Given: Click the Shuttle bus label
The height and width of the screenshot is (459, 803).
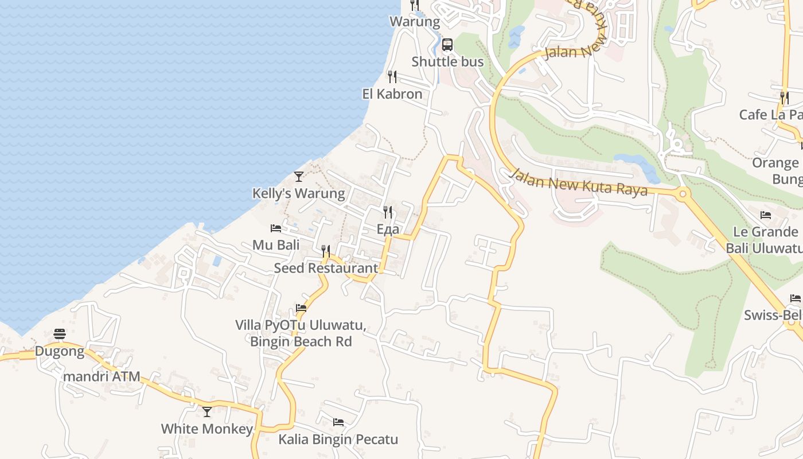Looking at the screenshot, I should point(447,61).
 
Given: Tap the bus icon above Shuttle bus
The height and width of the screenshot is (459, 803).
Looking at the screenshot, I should point(447,45).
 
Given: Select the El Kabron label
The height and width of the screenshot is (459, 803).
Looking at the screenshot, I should point(392,94).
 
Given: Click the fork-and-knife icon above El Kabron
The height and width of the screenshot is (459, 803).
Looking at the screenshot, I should point(392,77).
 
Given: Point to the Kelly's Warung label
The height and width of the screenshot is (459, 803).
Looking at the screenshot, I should point(299,193).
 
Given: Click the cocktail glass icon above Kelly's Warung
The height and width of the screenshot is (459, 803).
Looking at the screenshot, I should point(299,176).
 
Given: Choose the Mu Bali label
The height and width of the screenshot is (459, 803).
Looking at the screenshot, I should point(276,245).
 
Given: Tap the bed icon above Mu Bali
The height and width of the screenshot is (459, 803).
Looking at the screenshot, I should point(276,228).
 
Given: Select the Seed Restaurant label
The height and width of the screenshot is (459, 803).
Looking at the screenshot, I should point(326,268).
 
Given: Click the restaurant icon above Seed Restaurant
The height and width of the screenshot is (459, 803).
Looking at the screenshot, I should point(326,251).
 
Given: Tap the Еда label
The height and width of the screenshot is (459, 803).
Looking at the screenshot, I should point(388,229).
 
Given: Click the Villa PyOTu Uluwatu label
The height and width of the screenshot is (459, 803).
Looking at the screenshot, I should point(301,325).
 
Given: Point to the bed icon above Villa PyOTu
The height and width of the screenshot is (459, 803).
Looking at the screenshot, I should point(301,308).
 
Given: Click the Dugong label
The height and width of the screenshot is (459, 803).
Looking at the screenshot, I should point(60,351).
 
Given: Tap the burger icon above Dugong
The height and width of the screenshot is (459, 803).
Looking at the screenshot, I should point(60,334).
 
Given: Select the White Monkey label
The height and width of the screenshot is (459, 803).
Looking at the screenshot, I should point(206,429).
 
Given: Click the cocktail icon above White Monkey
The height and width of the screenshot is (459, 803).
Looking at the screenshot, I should point(207,412).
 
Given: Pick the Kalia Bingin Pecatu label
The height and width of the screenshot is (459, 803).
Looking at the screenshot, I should point(338,439).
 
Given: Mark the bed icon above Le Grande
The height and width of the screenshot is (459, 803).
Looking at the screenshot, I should point(766,215).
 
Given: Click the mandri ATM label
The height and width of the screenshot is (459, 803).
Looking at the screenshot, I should point(102,377).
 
